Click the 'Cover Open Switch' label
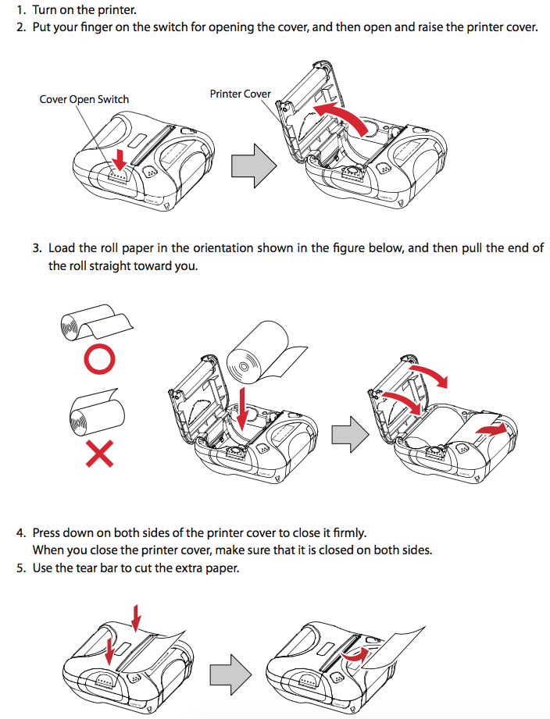click(84, 99)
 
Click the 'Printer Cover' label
click(240, 94)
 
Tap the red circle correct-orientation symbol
click(99, 358)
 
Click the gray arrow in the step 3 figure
click(348, 432)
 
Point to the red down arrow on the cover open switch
click(118, 158)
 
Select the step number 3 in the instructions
click(37, 248)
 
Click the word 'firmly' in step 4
click(347, 533)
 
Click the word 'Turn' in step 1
click(45, 10)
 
